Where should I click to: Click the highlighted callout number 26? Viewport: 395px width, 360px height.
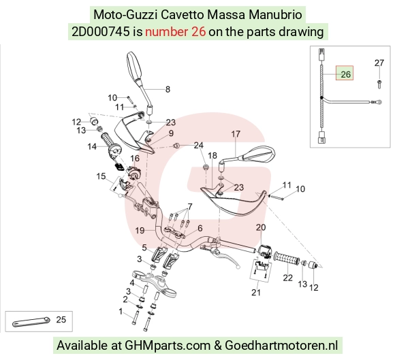[345, 74]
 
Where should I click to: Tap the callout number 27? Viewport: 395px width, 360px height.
[379, 63]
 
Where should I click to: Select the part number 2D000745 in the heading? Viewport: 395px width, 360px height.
[101, 32]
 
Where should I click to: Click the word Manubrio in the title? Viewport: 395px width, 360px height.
[275, 14]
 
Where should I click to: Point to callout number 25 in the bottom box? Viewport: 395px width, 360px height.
[61, 319]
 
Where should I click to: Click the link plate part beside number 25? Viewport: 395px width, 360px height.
[31, 321]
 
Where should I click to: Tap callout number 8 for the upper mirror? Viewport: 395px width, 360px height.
[168, 89]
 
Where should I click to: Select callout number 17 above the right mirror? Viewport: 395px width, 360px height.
[236, 134]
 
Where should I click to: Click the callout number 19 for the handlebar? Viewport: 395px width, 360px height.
[140, 230]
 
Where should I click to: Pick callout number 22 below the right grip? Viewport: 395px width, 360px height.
[287, 278]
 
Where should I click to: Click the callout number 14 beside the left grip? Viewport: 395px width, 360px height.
[92, 146]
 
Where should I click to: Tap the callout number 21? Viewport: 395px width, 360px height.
[256, 292]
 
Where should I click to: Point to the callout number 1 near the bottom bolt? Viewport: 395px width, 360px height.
[121, 312]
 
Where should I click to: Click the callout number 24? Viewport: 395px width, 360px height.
[198, 145]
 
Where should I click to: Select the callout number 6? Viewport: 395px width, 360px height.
[200, 228]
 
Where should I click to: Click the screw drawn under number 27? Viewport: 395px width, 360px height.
[379, 84]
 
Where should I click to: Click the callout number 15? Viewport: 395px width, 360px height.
[101, 176]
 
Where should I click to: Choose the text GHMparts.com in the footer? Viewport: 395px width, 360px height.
[168, 345]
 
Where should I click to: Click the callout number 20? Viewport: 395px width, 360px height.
[261, 227]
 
